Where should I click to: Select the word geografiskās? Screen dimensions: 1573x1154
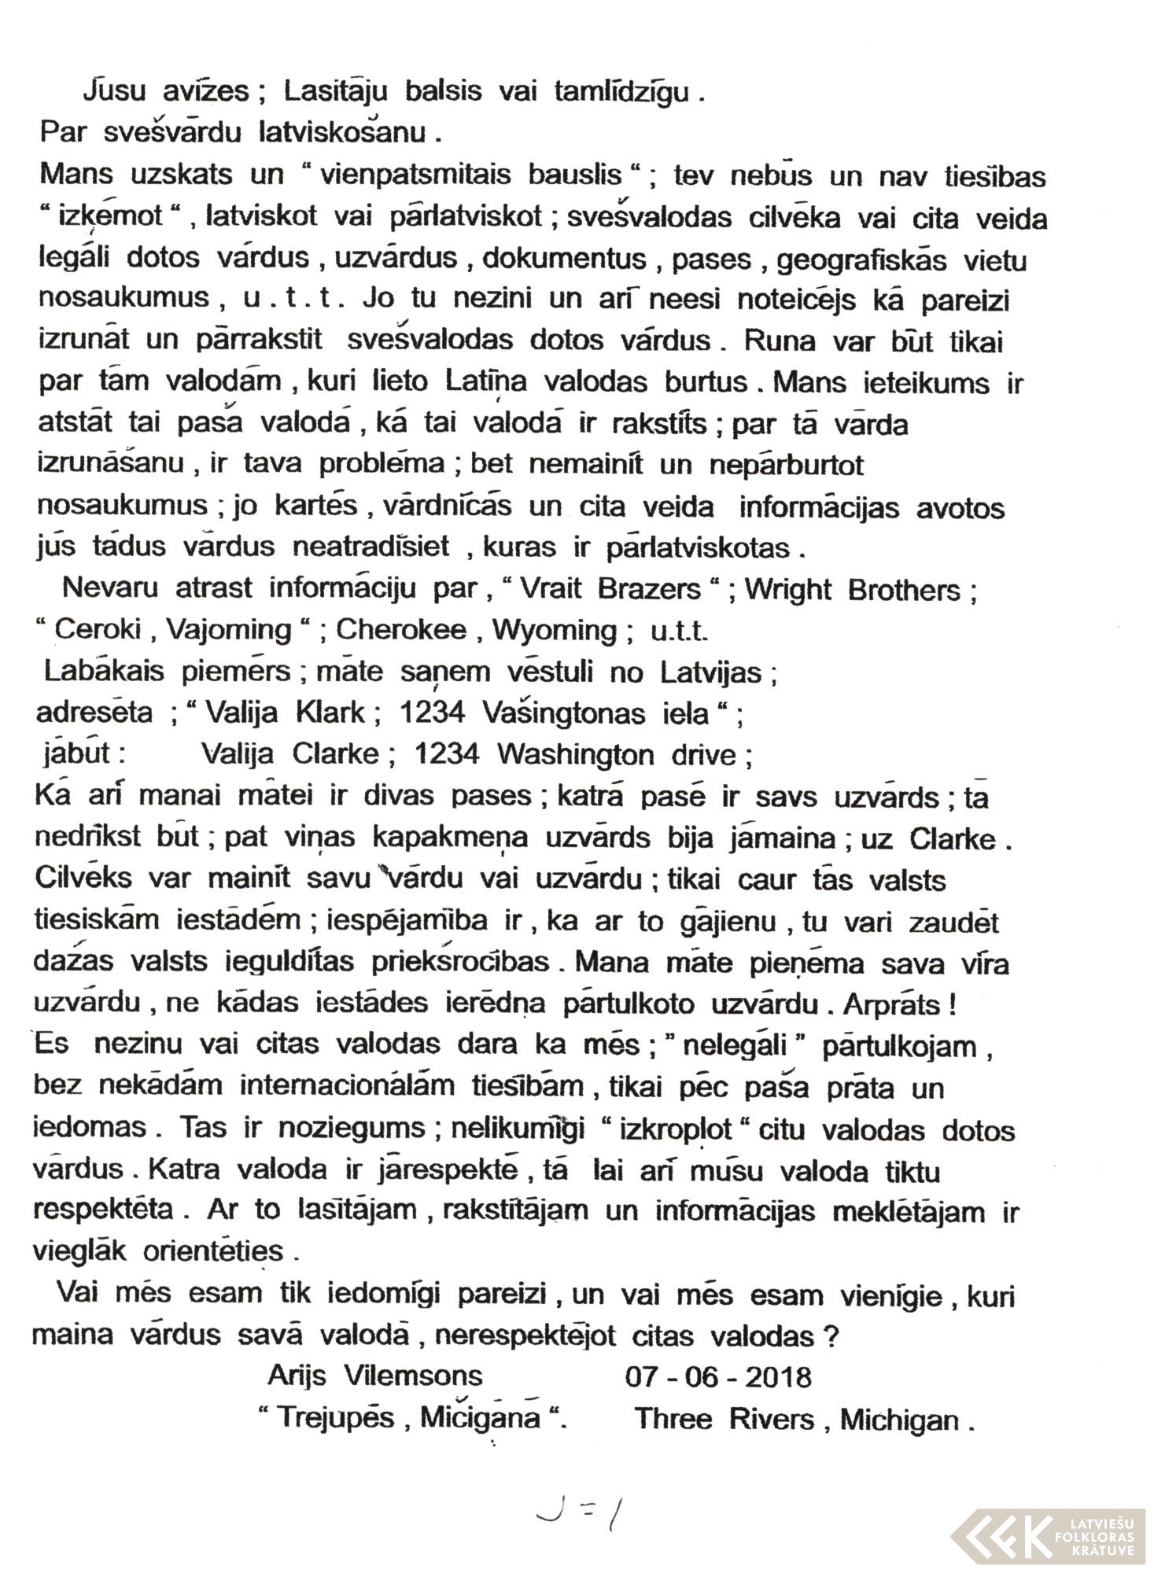861,260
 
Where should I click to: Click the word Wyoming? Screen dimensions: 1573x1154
555,631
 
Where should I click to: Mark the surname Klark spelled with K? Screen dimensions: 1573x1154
330,713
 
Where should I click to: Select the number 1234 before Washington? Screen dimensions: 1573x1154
447,754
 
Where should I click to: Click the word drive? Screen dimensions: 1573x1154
703,754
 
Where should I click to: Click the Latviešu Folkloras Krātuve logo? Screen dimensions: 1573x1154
1046,1534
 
